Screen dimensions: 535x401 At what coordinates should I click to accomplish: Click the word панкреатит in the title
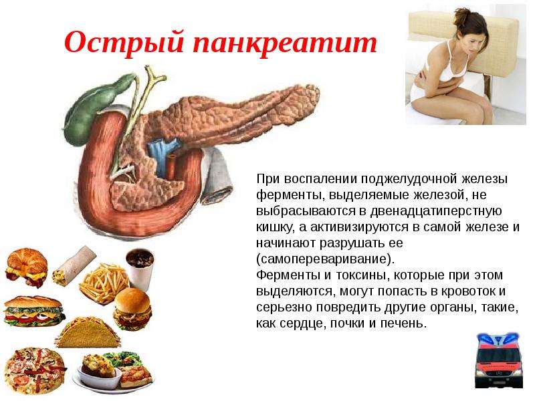pos(285,43)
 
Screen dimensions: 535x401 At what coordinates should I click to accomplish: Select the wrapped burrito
pos(74,265)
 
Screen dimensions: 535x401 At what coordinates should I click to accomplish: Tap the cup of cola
pos(140,269)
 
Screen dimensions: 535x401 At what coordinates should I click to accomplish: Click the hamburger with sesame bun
pos(132,309)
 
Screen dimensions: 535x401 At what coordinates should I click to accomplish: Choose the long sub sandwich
pos(33,311)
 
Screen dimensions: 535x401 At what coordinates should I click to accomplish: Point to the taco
pos(88,332)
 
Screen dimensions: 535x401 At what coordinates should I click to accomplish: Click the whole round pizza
pos(35,370)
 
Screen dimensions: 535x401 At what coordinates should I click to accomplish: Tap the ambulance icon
pos(498,362)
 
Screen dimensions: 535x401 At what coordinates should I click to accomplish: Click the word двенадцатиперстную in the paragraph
pos(436,211)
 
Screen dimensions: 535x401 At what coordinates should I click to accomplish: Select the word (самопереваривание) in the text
pos(325,259)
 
